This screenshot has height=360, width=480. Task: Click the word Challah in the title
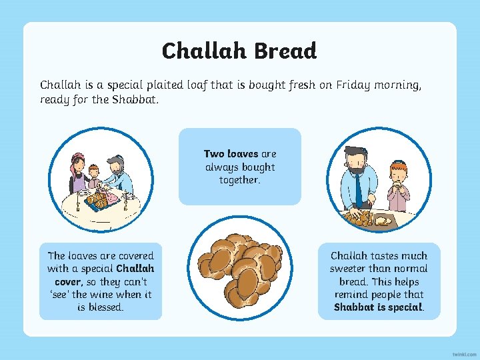click(201, 51)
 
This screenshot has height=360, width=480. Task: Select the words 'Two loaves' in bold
click(231, 154)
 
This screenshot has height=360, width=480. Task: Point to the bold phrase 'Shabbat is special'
click(378, 307)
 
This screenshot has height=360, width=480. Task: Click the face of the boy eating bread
click(397, 174)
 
